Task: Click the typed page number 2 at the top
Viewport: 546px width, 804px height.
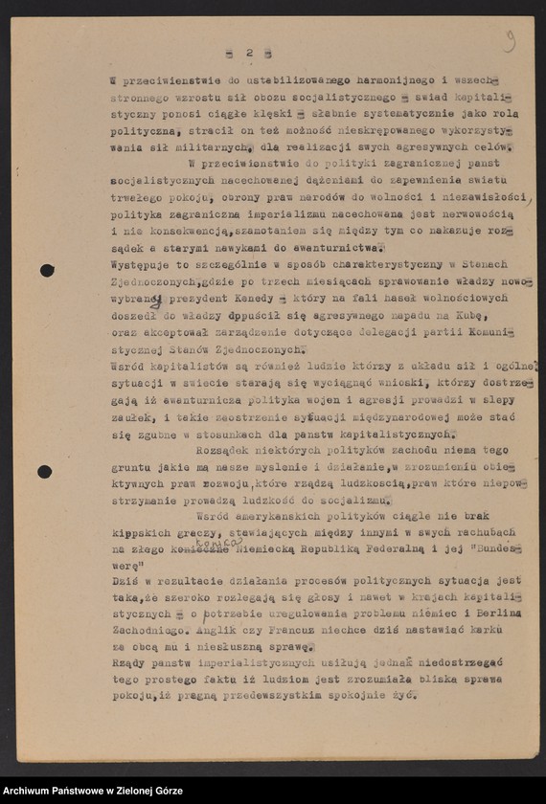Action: (247, 53)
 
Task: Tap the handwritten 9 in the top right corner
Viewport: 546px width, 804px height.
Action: (510, 40)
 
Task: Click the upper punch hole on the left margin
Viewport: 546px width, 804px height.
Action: (46, 270)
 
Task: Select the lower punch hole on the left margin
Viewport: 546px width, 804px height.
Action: (44, 471)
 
